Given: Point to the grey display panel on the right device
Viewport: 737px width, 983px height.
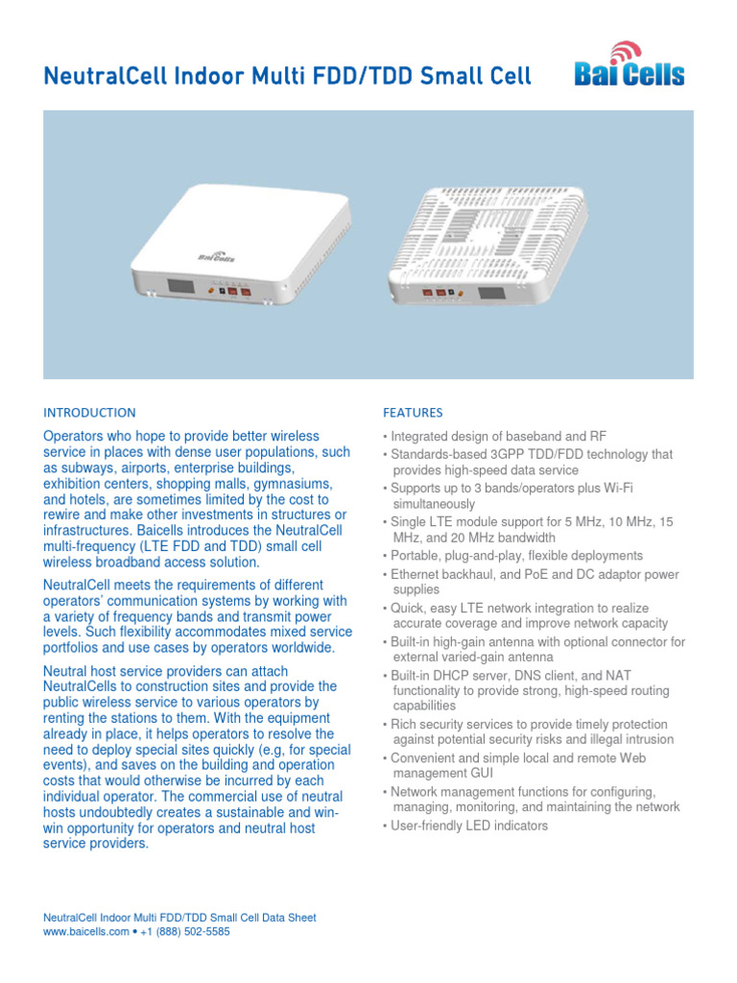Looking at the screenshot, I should pyautogui.click(x=492, y=296).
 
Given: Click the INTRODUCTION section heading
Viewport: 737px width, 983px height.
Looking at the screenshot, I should pyautogui.click(x=89, y=413).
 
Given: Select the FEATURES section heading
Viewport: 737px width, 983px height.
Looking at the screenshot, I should pyautogui.click(x=413, y=413).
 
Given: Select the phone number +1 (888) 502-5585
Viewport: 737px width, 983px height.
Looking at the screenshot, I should pyautogui.click(x=187, y=932).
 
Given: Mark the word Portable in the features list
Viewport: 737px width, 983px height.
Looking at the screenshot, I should pyautogui.click(x=416, y=556).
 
